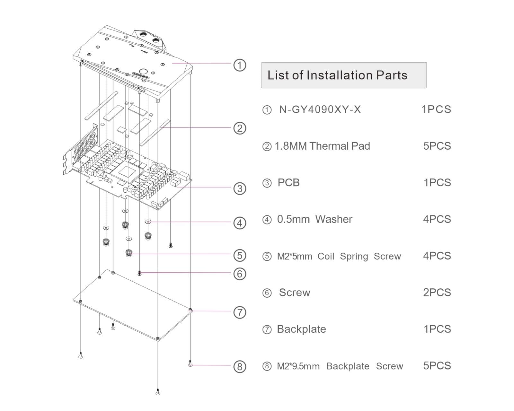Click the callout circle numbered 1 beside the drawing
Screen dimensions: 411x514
tap(239, 65)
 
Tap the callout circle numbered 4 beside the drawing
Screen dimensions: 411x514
tap(239, 223)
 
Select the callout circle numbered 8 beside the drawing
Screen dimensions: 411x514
tap(239, 366)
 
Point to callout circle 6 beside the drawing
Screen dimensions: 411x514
tap(239, 274)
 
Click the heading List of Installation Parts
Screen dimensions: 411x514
tap(337, 75)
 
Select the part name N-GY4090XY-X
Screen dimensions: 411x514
tap(320, 110)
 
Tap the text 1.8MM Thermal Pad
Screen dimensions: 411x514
tap(322, 146)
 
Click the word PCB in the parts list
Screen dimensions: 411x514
tap(288, 183)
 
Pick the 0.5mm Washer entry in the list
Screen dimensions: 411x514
tap(315, 219)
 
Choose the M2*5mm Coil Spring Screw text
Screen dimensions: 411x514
tap(339, 256)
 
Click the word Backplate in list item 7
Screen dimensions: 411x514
tap(301, 329)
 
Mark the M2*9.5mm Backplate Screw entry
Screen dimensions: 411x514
tap(340, 366)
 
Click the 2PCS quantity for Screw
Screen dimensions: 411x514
tap(437, 293)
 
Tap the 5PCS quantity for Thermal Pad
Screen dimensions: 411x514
tap(437, 146)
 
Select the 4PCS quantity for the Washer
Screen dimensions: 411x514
tap(437, 219)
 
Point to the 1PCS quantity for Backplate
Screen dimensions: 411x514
tap(437, 329)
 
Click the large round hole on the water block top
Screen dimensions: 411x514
tap(143, 71)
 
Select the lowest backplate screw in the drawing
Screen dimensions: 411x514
tap(158, 392)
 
